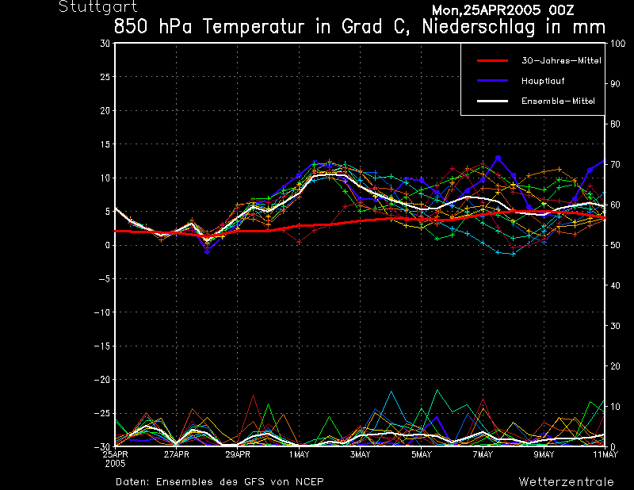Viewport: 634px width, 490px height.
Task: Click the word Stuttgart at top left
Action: coord(90,7)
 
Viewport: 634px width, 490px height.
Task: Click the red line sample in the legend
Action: coord(491,60)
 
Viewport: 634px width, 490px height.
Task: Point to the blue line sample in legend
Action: coord(491,81)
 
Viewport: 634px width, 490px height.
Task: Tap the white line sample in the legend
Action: coord(491,101)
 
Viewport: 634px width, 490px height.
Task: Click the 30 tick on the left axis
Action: coord(105,44)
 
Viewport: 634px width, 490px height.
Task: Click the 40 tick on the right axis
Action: coord(613,285)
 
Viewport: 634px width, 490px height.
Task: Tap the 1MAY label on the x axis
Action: coord(299,454)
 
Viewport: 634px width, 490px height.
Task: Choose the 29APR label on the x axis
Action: coord(237,454)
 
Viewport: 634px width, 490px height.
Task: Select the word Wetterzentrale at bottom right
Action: coord(566,481)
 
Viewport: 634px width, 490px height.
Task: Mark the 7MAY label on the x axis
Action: coord(483,454)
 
